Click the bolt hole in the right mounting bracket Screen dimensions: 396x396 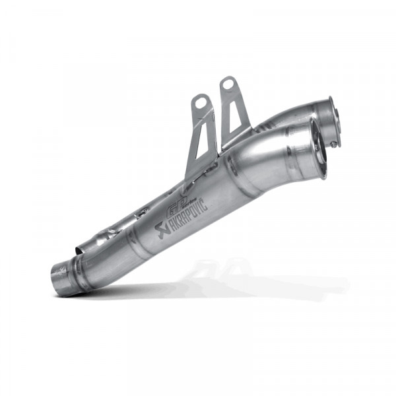pyautogui.click(x=228, y=84)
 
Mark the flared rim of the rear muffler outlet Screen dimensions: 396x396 pyautogui.click(x=333, y=115)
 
